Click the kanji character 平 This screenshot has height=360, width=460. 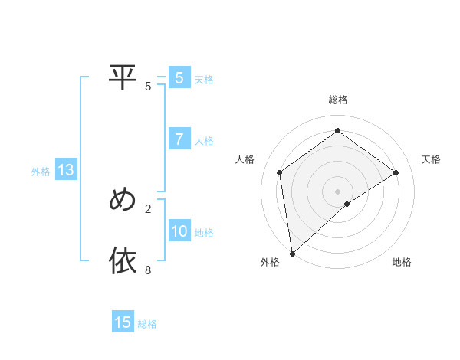(x=123, y=77)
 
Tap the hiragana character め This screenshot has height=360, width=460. (x=123, y=200)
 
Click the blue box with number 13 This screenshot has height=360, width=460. (x=65, y=171)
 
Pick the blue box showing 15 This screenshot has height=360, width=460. (x=123, y=322)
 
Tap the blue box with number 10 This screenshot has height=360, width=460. (x=179, y=231)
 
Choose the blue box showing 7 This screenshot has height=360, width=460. (x=179, y=139)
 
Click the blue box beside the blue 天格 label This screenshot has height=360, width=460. (x=179, y=77)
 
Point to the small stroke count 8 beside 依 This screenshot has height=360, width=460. (x=148, y=270)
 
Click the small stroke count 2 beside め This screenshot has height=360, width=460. (x=148, y=208)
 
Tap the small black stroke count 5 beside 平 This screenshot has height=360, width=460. (x=148, y=87)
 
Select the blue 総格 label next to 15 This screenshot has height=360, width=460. (x=147, y=324)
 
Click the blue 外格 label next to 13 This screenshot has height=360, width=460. (x=41, y=172)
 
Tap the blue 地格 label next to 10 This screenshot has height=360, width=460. (x=204, y=233)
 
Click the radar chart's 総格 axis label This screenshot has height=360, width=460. (x=337, y=100)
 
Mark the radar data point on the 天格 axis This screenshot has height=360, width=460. (x=396, y=172)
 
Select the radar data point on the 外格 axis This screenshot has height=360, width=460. (x=292, y=253)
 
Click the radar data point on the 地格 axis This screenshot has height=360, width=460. (x=347, y=204)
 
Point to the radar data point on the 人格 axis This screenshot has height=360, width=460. (x=280, y=172)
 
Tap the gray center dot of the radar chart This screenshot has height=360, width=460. (x=337, y=191)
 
